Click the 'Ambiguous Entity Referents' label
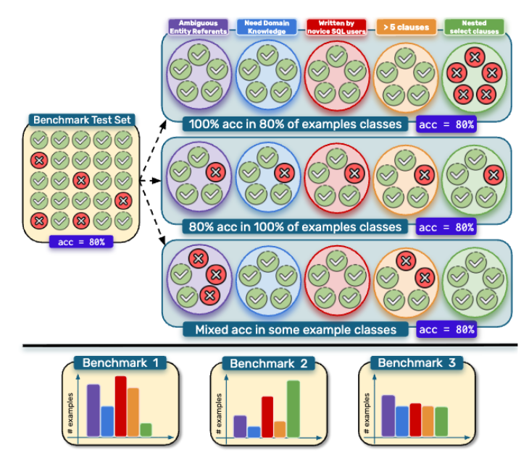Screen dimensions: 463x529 pos(198,27)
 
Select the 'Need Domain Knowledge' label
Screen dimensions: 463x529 pos(265,27)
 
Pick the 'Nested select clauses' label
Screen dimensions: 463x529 pos(474,27)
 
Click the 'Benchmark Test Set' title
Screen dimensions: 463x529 pos(81,120)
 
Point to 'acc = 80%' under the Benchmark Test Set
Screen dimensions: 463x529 pos(81,242)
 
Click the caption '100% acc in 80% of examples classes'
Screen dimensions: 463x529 pos(296,124)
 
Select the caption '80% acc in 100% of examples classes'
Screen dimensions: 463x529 pos(296,227)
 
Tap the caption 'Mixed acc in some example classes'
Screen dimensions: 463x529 pos(296,330)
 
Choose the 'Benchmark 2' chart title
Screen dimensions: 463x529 pos(269,363)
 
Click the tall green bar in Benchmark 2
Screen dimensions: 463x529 pos(293,409)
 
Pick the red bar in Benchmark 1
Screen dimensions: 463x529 pos(120,406)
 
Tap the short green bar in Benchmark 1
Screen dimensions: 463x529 pos(146,430)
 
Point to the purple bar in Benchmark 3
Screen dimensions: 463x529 pos(388,416)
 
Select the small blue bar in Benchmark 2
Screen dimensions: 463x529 pos(254,431)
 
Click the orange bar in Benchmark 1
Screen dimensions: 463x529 pos(133,412)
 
